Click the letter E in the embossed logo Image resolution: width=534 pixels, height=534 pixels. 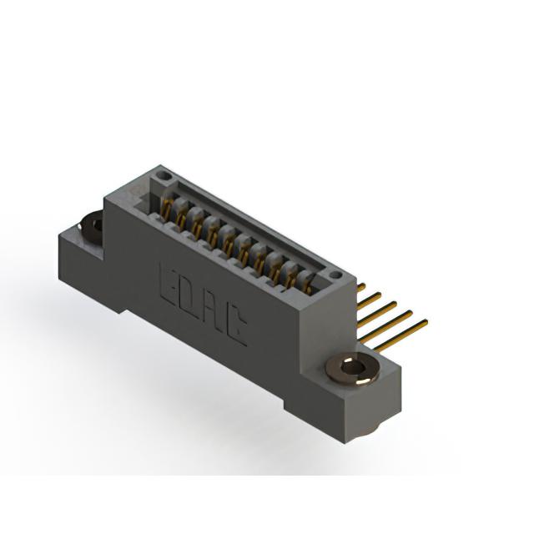pyautogui.click(x=169, y=282)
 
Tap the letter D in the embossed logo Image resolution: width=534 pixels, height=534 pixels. pyautogui.click(x=190, y=295)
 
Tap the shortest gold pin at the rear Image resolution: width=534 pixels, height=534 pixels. pyautogui.click(x=361, y=287)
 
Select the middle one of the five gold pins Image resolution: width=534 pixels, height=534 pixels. pyautogui.click(x=377, y=310)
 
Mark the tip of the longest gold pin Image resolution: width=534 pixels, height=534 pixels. pyautogui.click(x=426, y=320)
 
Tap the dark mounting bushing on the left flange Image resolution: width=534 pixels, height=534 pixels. pyautogui.click(x=91, y=225)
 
